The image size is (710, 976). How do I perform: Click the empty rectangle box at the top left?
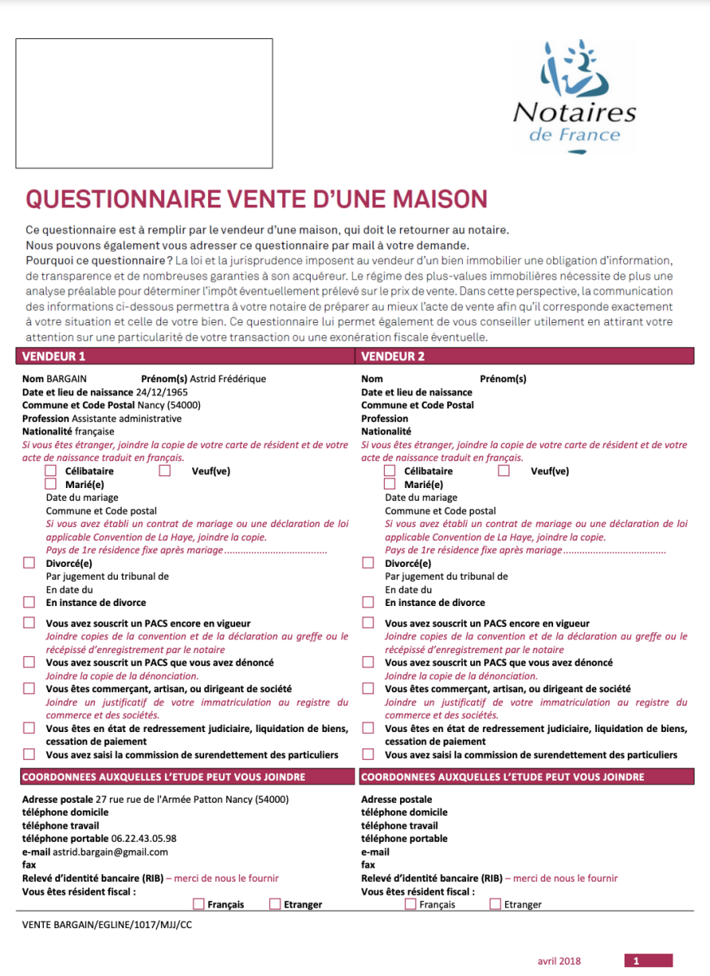click(143, 102)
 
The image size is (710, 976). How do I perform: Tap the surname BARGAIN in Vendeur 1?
click(67, 379)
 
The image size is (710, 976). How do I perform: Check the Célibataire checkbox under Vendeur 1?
click(51, 471)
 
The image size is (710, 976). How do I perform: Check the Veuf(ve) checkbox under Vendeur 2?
click(504, 471)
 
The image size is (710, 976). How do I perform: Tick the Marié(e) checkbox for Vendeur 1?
click(51, 484)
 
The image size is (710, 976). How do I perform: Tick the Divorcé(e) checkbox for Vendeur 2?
click(368, 563)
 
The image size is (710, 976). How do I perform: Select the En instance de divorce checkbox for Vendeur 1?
click(29, 603)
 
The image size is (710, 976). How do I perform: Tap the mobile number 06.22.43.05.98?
click(137, 839)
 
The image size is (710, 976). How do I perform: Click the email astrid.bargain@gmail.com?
click(111, 852)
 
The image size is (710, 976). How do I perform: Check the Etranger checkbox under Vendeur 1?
click(276, 904)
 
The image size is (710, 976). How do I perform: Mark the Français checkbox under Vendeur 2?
click(411, 904)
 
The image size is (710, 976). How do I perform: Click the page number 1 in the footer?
click(637, 961)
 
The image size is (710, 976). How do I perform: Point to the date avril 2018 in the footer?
click(560, 961)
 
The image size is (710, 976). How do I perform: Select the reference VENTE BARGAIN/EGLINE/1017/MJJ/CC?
click(107, 925)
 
